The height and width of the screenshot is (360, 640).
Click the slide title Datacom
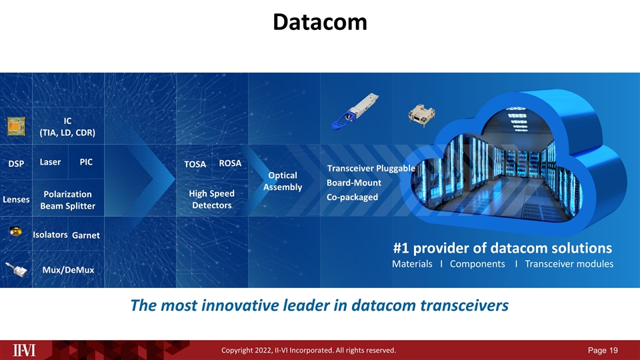pyautogui.click(x=319, y=23)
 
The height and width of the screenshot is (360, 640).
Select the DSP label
pyautogui.click(x=16, y=164)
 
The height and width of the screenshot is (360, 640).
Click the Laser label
pyautogui.click(x=50, y=162)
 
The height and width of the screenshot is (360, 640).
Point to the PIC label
pyautogui.click(x=86, y=162)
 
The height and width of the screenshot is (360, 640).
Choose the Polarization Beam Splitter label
pyautogui.click(x=67, y=200)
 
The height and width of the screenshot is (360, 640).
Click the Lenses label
pyautogui.click(x=16, y=199)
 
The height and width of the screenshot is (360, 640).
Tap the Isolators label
pyautogui.click(x=50, y=235)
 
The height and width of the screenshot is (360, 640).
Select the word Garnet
pyautogui.click(x=85, y=235)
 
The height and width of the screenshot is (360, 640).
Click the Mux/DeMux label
pyautogui.click(x=68, y=270)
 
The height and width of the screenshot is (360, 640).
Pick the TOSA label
pyautogui.click(x=195, y=164)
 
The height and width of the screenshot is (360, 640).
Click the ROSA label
pyautogui.click(x=230, y=163)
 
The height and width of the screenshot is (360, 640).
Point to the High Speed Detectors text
pyautogui.click(x=211, y=199)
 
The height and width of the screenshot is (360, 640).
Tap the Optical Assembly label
pyautogui.click(x=283, y=181)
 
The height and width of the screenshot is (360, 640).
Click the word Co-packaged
pyautogui.click(x=352, y=197)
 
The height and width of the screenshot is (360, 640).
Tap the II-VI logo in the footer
pyautogui.click(x=26, y=350)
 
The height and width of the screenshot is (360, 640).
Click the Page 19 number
pyautogui.click(x=603, y=350)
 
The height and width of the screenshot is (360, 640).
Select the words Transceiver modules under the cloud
pyautogui.click(x=569, y=264)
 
